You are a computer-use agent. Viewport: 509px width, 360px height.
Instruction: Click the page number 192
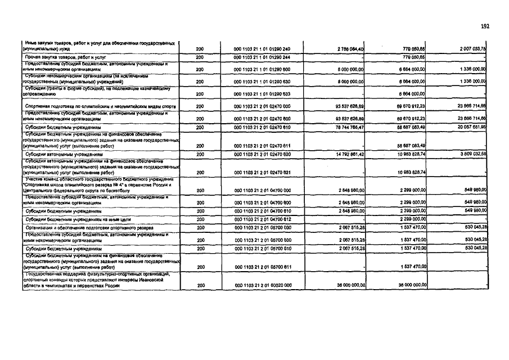click(x=486, y=26)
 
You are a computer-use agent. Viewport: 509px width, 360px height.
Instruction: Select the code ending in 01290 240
click(x=262, y=49)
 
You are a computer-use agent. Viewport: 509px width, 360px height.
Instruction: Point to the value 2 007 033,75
click(x=472, y=49)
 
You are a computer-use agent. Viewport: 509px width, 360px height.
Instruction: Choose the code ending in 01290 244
click(x=262, y=57)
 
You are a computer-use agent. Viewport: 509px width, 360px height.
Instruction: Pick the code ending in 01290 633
click(x=262, y=94)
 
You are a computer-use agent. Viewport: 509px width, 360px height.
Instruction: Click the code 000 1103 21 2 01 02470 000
click(x=262, y=106)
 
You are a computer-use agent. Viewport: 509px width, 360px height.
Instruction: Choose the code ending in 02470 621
click(x=262, y=172)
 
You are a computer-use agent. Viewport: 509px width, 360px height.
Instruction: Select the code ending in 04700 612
click(x=262, y=219)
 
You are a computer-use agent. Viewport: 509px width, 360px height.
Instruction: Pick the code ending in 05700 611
click(x=262, y=267)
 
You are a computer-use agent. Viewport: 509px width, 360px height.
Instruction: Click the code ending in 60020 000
click(x=262, y=285)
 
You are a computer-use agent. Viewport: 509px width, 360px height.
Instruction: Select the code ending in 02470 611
click(x=262, y=146)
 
